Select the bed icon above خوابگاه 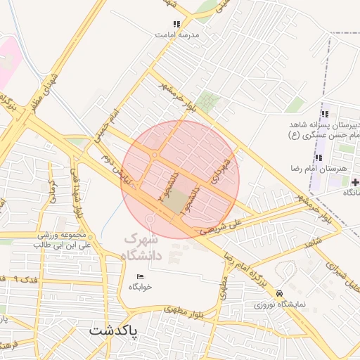tap(140, 276)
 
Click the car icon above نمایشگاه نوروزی tap(280, 292)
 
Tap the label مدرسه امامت tap(178, 34)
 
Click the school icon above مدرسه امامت tap(176, 24)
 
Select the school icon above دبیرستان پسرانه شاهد tap(324, 114)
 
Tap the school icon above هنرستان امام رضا tap(319, 157)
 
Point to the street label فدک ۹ tap(29, 279)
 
